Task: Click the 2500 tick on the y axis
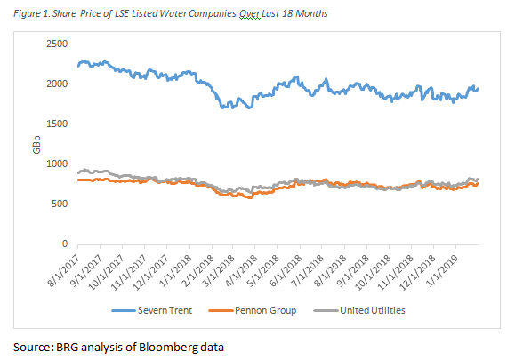(57, 44)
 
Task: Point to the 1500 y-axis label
(57, 124)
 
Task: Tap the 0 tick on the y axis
(65, 244)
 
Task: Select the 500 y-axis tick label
(60, 204)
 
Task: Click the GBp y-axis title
(36, 144)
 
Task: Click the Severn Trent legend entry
(152, 310)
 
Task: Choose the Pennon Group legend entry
(253, 310)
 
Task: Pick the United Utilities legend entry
(359, 310)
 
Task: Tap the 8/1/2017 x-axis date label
(64, 271)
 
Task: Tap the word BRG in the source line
(68, 348)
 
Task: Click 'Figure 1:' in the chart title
(32, 14)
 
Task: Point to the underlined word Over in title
(250, 14)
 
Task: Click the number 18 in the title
(287, 13)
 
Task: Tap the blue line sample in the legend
(124, 310)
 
